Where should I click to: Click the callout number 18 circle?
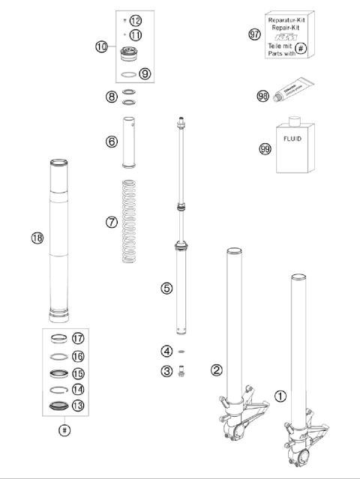coord(36,238)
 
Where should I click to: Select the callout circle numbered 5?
coord(166,288)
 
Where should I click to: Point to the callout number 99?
coord(265,149)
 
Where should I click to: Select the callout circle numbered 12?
coord(135,19)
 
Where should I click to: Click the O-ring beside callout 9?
coord(131,74)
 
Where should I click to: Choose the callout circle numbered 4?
coord(166,351)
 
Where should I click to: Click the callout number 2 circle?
coord(217,370)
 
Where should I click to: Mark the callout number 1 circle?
coord(280,396)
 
